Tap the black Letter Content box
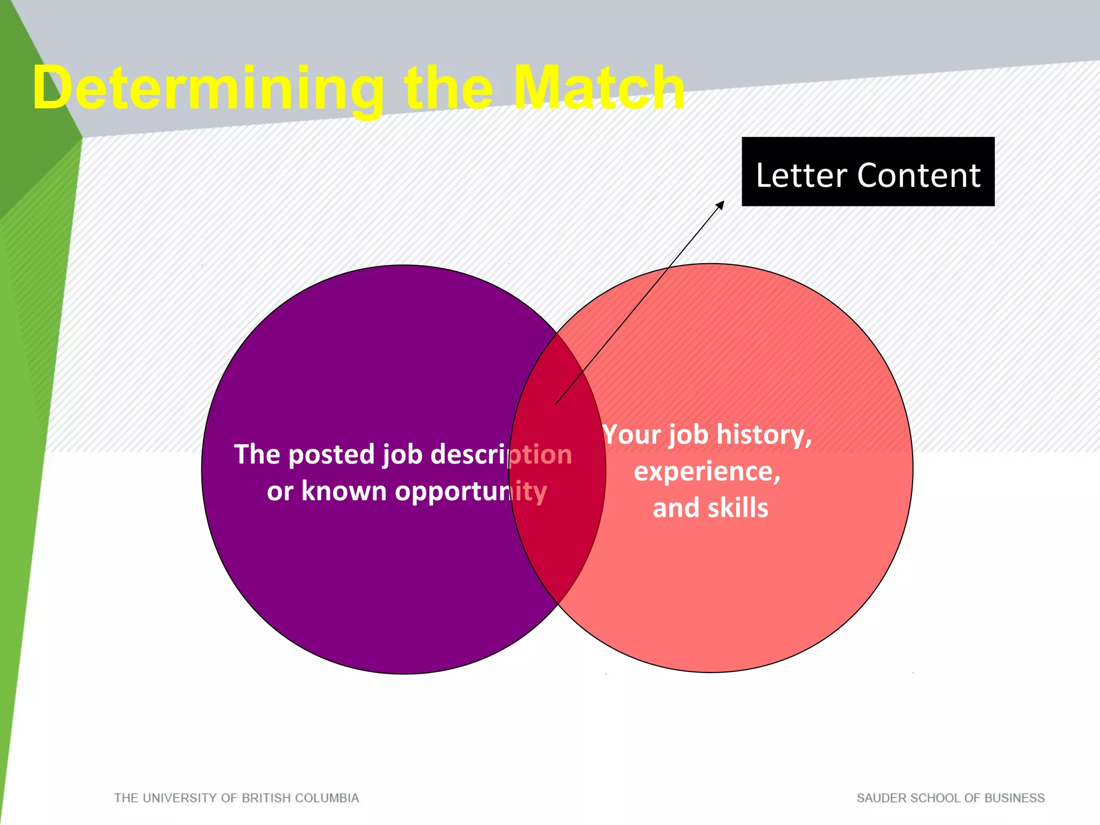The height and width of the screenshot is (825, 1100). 867,171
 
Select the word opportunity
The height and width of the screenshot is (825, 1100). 471,492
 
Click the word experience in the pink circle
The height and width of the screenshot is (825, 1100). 707,472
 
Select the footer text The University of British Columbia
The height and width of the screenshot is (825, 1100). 236,798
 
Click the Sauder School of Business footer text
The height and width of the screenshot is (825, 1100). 950,798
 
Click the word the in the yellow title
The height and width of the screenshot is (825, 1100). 449,89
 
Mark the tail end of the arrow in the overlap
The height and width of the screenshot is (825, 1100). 556,404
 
